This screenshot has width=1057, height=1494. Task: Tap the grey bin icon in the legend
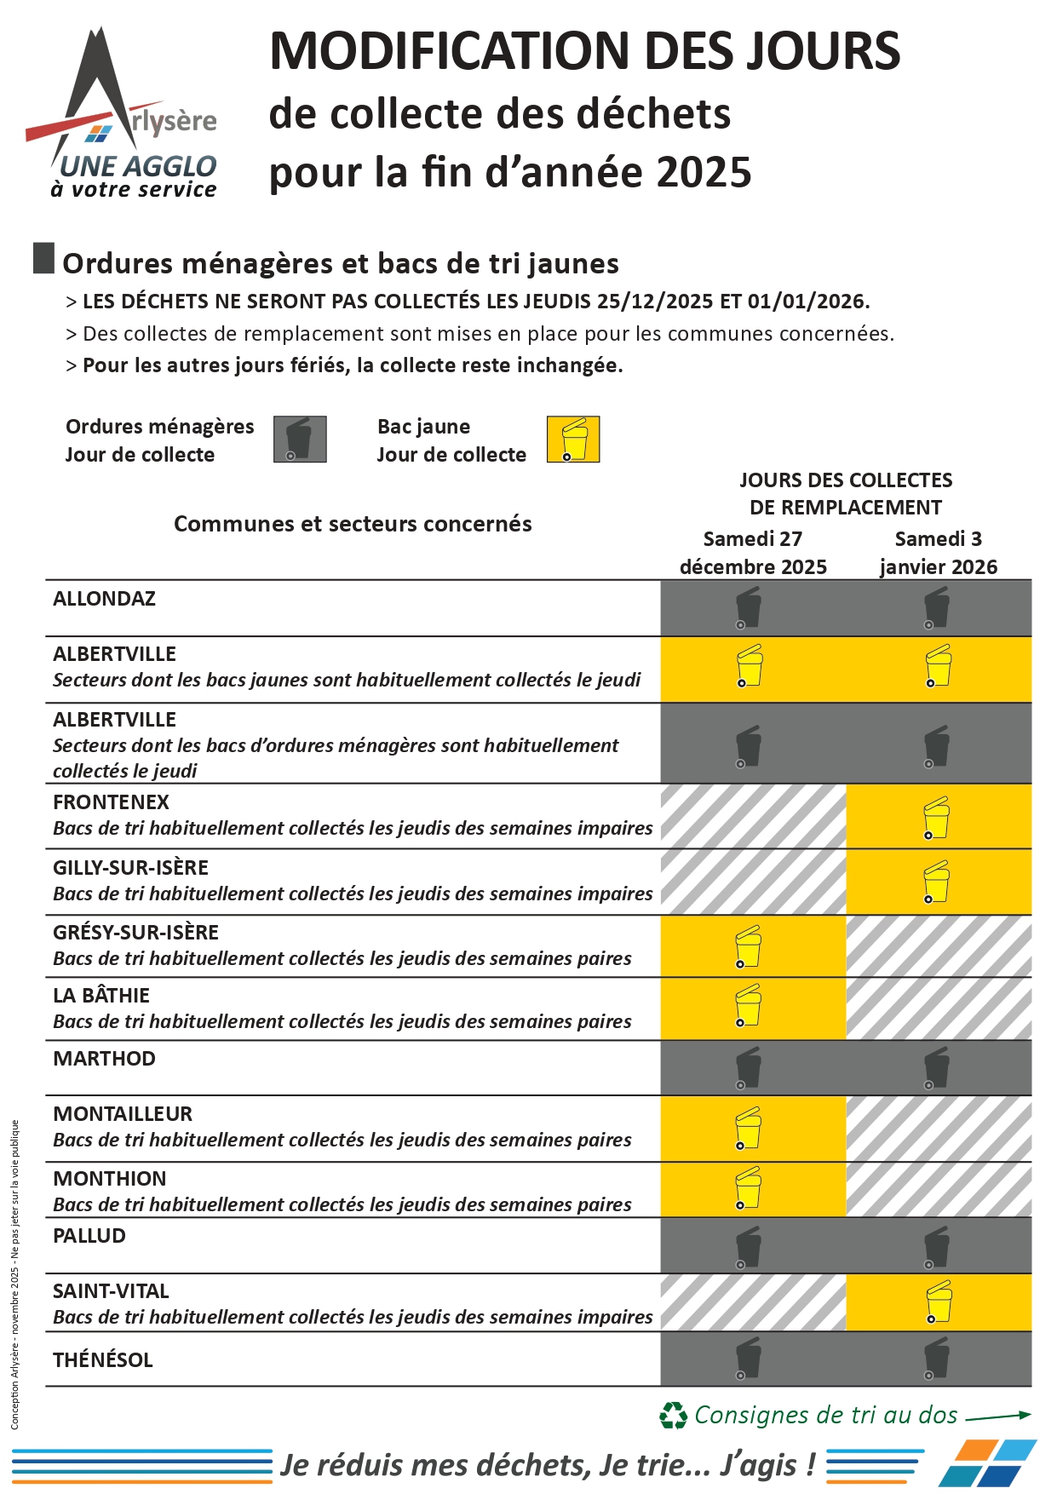(300, 440)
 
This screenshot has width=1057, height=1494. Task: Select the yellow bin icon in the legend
(573, 440)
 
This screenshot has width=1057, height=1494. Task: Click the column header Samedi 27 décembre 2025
(753, 553)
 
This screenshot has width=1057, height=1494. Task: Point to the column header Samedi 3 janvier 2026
(939, 553)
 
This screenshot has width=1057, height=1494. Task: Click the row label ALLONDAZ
(105, 599)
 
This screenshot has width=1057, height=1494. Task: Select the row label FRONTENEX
(112, 802)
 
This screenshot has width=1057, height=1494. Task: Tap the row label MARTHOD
(105, 1059)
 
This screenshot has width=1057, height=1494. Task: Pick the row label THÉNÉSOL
(103, 1360)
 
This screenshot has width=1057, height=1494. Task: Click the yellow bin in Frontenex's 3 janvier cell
(937, 818)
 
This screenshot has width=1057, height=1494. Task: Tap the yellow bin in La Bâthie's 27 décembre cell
(749, 1006)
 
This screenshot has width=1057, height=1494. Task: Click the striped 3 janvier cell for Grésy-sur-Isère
(939, 946)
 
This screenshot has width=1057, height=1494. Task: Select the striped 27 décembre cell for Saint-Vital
(753, 1302)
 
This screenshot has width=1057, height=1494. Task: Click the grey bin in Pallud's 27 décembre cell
(749, 1247)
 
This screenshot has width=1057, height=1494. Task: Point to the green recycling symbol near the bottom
(673, 1416)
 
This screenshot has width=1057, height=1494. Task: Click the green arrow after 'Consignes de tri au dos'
(998, 1416)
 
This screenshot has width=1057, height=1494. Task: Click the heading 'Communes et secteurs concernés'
(353, 524)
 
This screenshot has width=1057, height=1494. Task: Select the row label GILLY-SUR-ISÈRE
(130, 868)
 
